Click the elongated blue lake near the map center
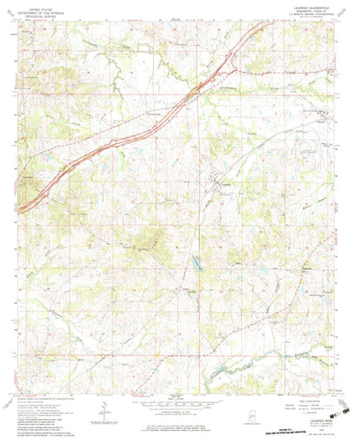pyautogui.click(x=194, y=264)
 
